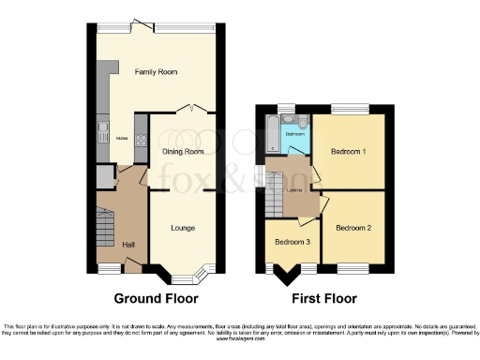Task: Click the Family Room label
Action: tap(157, 72)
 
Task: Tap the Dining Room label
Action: tap(182, 151)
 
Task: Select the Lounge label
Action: tap(183, 227)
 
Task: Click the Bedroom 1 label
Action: tap(349, 150)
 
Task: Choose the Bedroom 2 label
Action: tap(353, 227)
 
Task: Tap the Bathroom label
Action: tap(295, 134)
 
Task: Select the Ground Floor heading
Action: tap(156, 299)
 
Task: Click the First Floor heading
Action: tap(324, 299)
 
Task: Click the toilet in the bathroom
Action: tap(303, 122)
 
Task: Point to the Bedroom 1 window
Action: tap(348, 111)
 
